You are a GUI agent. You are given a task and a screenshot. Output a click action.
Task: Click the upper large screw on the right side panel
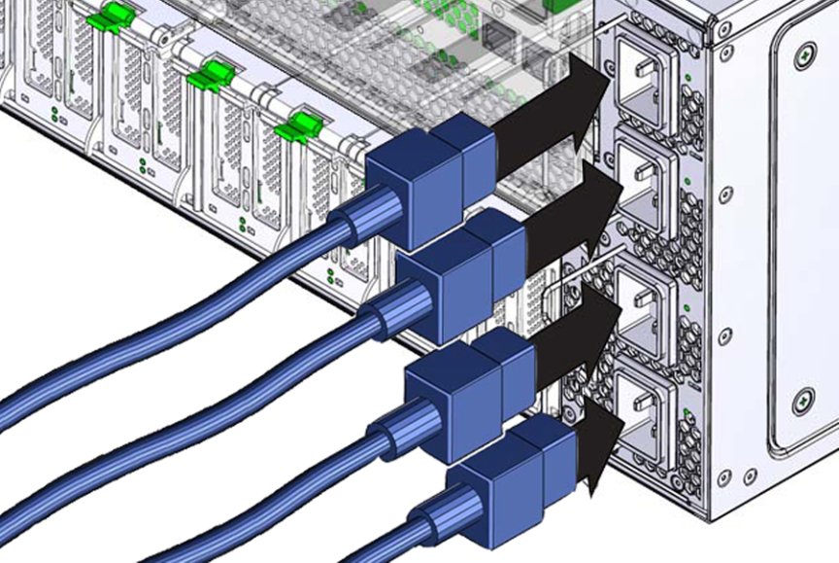(803, 55)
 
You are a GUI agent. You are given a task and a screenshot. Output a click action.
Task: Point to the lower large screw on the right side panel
(803, 399)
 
